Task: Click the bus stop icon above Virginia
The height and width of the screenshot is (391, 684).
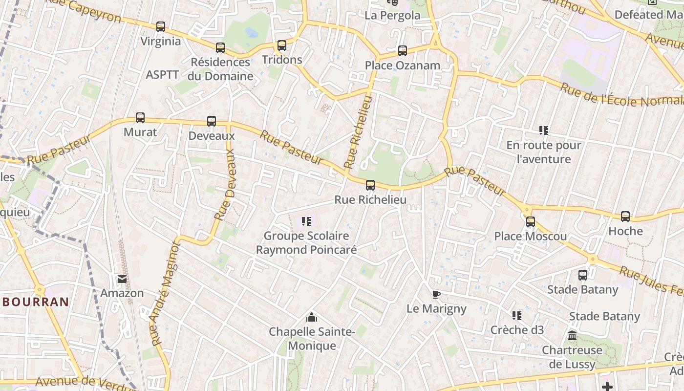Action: click(161, 27)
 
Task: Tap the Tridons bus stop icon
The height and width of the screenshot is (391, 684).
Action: click(282, 45)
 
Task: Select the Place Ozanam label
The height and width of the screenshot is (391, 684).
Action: click(402, 65)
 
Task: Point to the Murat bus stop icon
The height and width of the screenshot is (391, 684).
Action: click(140, 118)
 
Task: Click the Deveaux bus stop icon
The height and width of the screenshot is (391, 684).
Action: click(212, 121)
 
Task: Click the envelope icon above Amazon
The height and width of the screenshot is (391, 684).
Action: click(122, 279)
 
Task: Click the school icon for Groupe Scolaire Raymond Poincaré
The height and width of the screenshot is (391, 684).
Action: click(306, 221)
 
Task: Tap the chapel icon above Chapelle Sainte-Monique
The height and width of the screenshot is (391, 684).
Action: click(312, 318)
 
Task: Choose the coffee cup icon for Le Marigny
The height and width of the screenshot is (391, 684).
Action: click(436, 294)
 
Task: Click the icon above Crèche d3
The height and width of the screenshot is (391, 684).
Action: click(517, 316)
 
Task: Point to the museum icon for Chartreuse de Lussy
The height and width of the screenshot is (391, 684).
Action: click(572, 336)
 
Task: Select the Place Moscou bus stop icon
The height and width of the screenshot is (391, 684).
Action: click(531, 222)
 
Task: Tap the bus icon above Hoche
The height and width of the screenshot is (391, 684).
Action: click(625, 217)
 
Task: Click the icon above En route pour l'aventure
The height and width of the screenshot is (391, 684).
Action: click(544, 130)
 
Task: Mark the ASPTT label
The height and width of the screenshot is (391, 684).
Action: click(162, 75)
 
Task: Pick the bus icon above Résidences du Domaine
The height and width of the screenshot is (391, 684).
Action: click(220, 48)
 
